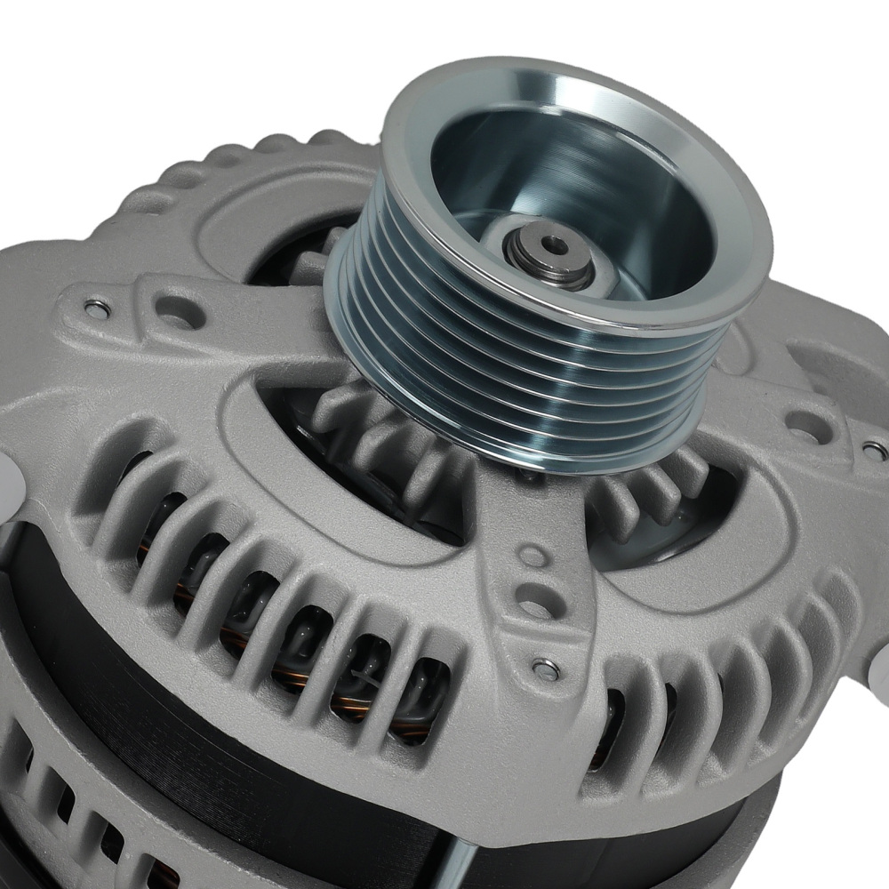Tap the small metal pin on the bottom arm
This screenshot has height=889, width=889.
click(x=543, y=669)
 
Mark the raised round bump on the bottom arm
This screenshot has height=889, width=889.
click(x=531, y=557)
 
